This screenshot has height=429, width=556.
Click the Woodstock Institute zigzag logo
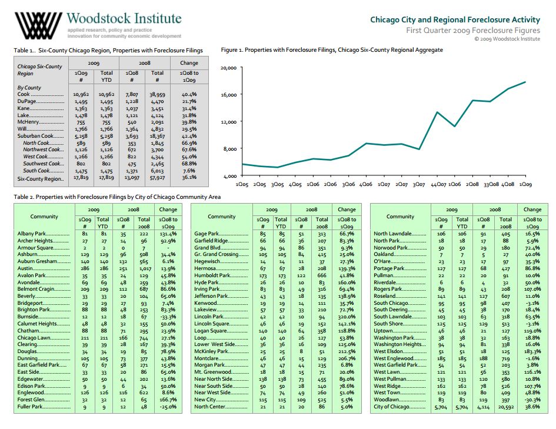pos(38,25)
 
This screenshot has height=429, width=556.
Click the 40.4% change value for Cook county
pos(189,94)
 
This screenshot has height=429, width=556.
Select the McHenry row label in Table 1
pos(28,122)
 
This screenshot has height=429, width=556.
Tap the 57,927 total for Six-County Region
pos(158,177)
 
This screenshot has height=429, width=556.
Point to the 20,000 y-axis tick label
pos(229,68)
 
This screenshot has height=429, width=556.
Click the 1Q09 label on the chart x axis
pos(525,184)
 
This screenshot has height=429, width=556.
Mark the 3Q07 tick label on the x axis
pos(419,184)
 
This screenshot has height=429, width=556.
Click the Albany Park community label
pos(32,234)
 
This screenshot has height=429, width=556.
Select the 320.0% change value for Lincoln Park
pos(347,317)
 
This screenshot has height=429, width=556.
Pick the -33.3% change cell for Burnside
pos(168,317)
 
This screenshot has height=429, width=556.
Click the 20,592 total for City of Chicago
pos(505,407)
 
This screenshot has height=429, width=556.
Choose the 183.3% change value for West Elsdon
pos(532,351)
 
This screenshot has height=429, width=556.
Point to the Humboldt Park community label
pos(212,275)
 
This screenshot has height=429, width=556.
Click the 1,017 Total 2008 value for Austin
pos(145,268)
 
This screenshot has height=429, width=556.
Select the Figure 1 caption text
pos(332,50)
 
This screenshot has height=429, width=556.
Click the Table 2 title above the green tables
pos(117,197)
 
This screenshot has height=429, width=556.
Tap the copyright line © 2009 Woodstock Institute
pos(507,39)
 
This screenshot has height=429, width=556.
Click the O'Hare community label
pos(382,261)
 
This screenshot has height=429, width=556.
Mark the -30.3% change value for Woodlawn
pos(532,400)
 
